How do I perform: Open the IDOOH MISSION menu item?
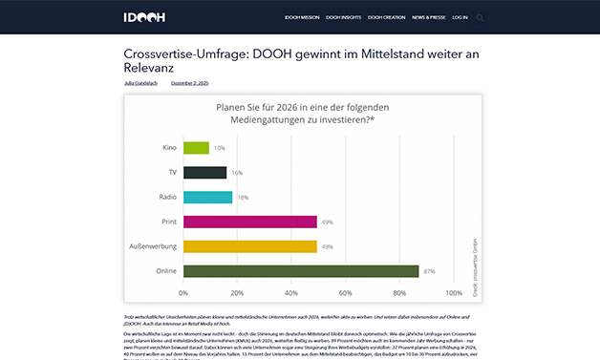coord(303,17)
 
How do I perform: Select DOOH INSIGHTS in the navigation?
coord(344,17)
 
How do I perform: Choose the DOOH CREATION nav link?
coord(387,17)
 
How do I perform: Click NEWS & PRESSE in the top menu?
coord(428,17)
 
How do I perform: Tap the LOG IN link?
coord(461,17)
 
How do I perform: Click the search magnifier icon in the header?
coord(480,17)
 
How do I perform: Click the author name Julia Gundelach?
coord(142,83)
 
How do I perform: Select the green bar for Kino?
coord(196,148)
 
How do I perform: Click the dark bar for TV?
coord(204,173)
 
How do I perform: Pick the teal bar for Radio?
coord(207,197)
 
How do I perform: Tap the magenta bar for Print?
coord(249,222)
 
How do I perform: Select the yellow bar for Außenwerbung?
coord(249,246)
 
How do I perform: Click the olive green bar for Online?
coord(301,271)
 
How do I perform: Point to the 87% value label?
coord(429,271)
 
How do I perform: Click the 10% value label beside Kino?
coord(220,148)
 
